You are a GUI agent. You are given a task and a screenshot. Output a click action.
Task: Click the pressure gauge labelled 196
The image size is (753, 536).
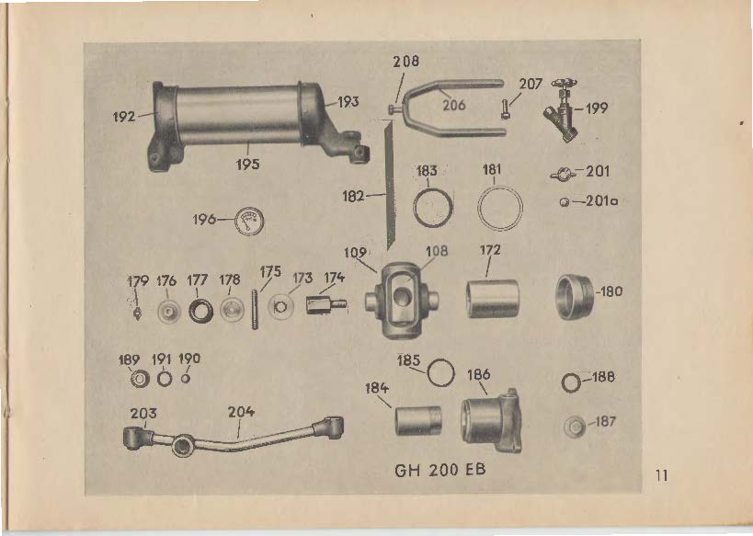click(249, 221)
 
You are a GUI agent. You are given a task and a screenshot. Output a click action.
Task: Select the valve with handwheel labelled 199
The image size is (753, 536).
click(562, 109)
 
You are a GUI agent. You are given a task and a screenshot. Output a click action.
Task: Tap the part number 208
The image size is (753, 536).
click(405, 61)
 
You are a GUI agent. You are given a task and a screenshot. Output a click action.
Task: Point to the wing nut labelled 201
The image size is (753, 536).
click(563, 174)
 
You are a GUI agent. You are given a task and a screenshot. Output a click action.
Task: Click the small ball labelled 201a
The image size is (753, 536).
click(565, 202)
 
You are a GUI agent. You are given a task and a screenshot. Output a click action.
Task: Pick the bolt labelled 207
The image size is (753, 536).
click(504, 108)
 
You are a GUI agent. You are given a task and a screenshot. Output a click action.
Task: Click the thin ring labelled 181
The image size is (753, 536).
click(500, 209)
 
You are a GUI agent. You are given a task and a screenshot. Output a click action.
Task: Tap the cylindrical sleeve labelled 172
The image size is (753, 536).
click(492, 298)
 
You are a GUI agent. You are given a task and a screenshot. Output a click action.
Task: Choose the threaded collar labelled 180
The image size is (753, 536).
click(575, 297)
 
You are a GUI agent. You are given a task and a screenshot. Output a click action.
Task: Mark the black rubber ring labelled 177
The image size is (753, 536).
click(200, 311)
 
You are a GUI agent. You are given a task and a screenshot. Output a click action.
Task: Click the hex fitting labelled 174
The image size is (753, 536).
click(325, 304)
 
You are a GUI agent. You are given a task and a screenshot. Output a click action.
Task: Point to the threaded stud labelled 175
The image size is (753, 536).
click(255, 309)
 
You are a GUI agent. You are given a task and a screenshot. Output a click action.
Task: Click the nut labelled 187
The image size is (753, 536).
click(575, 427)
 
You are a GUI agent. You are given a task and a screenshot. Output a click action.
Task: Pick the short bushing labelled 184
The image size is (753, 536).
click(417, 421)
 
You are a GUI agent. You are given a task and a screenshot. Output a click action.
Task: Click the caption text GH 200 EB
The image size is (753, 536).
click(439, 469)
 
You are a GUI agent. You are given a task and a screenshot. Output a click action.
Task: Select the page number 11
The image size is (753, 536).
click(661, 475)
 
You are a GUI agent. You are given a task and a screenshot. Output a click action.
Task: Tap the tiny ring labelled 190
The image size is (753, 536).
click(186, 379)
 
